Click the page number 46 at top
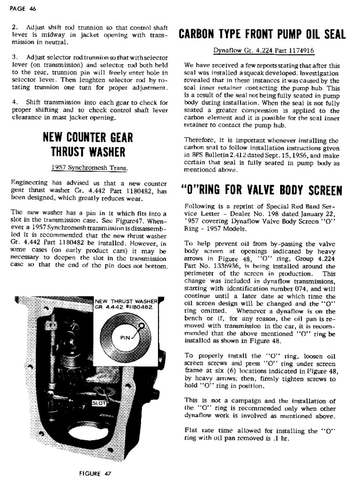32,9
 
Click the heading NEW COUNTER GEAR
88,137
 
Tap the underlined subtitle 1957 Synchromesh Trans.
89,168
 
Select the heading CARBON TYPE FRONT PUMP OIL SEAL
262,34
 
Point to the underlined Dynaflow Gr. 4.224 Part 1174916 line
264,51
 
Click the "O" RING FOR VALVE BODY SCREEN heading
262,190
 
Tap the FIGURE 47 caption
95,473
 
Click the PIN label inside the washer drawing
125,338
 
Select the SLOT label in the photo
99,403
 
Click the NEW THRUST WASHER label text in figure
126,301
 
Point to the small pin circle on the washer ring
141,326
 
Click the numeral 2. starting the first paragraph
15,28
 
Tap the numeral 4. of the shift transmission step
15,102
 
